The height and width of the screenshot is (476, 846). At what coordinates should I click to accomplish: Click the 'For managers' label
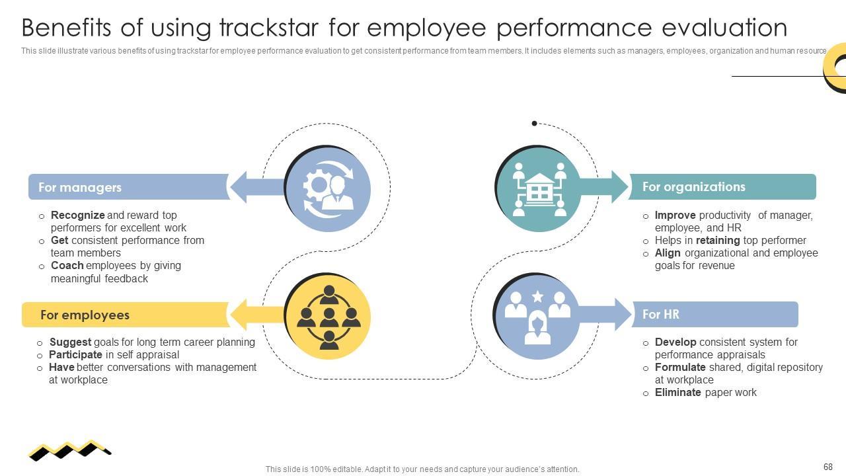pyautogui.click(x=80, y=187)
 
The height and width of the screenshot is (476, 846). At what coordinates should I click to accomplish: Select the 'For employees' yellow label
pyautogui.click(x=85, y=315)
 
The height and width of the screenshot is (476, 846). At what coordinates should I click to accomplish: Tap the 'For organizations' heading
pyautogui.click(x=693, y=186)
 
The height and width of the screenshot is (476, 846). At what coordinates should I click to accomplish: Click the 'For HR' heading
pyautogui.click(x=660, y=314)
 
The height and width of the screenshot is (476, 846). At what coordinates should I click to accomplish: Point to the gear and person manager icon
pyautogui.click(x=328, y=189)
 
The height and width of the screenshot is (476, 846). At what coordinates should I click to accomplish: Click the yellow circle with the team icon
pyautogui.click(x=328, y=318)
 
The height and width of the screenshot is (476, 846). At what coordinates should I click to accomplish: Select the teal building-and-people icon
pyautogui.click(x=539, y=189)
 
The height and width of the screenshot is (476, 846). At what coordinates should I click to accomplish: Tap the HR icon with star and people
pyautogui.click(x=537, y=317)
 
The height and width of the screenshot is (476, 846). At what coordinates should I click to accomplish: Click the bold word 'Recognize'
pyautogui.click(x=77, y=215)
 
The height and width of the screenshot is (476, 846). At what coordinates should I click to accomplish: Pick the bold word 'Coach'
pyautogui.click(x=67, y=265)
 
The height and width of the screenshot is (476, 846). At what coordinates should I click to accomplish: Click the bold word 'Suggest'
pyautogui.click(x=70, y=342)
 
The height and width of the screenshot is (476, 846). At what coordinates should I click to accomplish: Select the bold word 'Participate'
pyautogui.click(x=75, y=354)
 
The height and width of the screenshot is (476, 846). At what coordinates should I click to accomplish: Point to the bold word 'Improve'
pyautogui.click(x=675, y=215)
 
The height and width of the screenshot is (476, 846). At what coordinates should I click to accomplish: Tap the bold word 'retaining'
pyautogui.click(x=718, y=240)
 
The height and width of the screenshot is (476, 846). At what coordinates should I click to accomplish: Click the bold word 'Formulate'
pyautogui.click(x=680, y=367)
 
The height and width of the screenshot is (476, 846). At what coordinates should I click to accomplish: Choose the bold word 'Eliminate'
pyautogui.click(x=677, y=392)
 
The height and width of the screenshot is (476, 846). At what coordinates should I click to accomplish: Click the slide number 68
pyautogui.click(x=828, y=467)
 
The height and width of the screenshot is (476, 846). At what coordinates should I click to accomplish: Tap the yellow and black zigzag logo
pyautogui.click(x=69, y=450)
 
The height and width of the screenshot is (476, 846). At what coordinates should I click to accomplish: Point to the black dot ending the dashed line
pyautogui.click(x=534, y=123)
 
